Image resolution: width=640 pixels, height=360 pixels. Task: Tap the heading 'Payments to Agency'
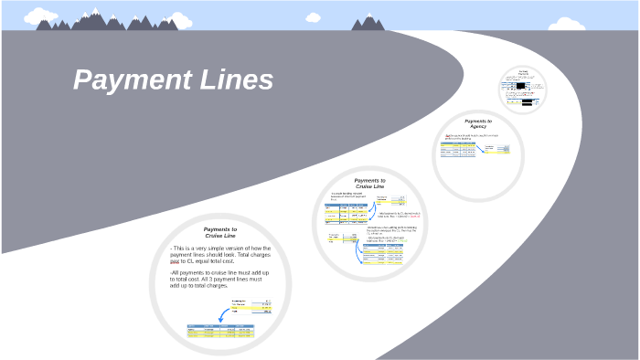pyautogui.click(x=477, y=122)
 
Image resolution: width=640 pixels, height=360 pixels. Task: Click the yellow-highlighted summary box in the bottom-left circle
pyautogui.click(x=252, y=308)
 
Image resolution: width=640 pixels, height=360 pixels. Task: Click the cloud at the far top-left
pyautogui.click(x=37, y=15)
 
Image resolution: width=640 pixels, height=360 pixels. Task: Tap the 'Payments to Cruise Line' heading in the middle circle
pyautogui.click(x=369, y=184)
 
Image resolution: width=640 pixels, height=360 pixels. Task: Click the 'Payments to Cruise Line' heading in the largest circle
pyautogui.click(x=220, y=232)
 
